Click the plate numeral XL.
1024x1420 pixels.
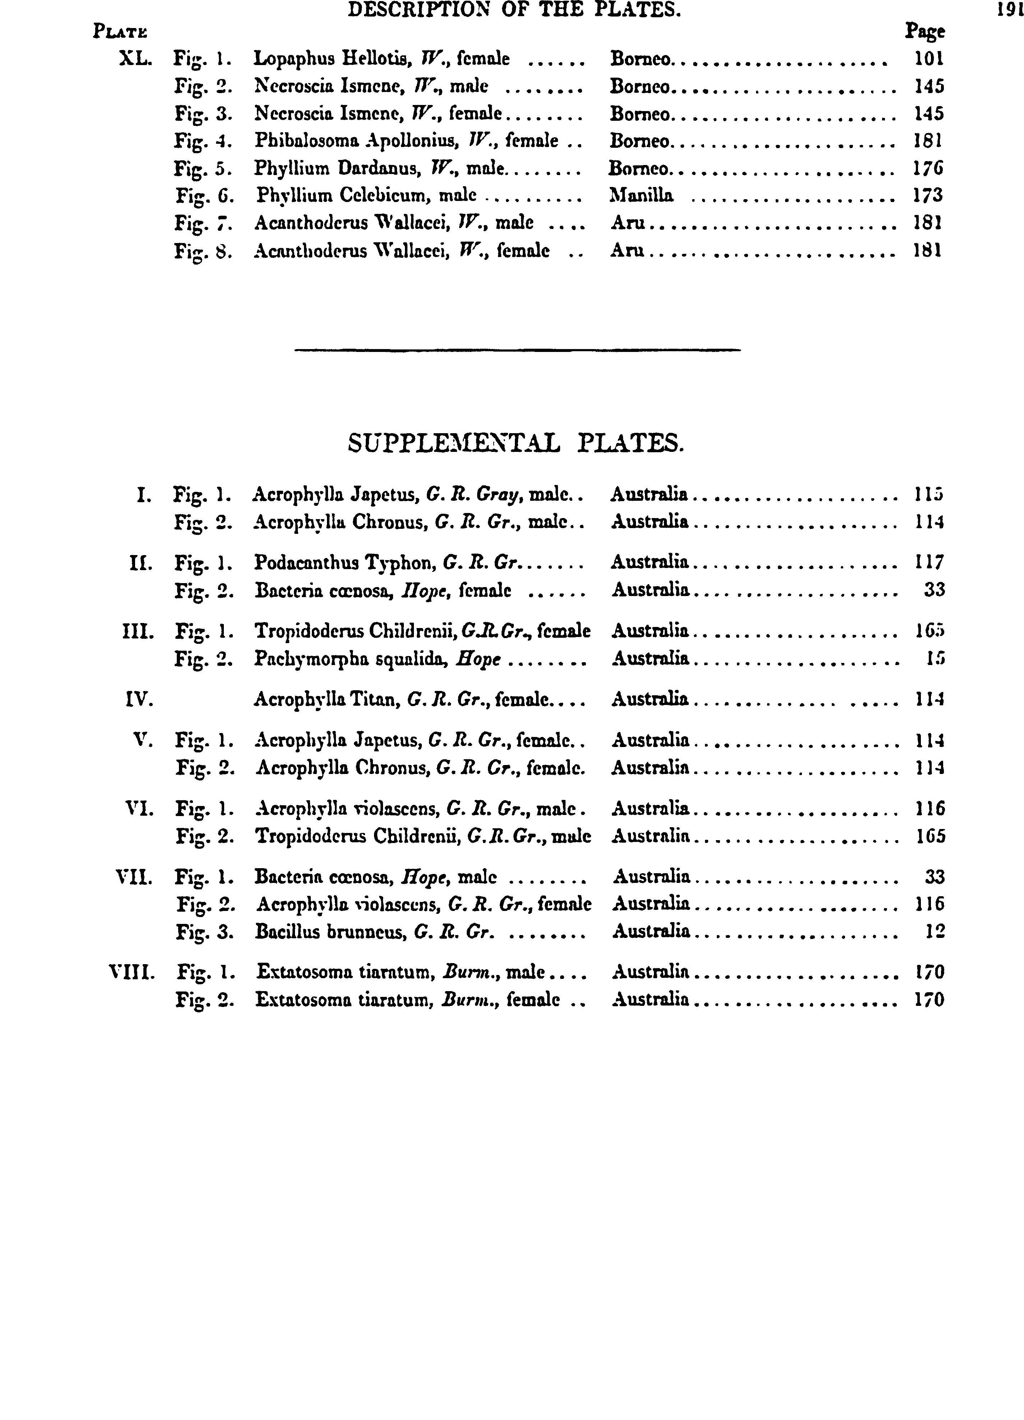[x=135, y=59]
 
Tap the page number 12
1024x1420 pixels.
[x=935, y=932]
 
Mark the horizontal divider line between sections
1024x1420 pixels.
[x=517, y=349]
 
